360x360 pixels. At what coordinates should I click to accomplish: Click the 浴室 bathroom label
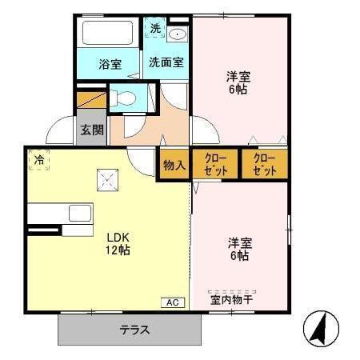[x=110, y=63]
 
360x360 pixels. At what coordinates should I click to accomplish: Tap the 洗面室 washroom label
[x=166, y=61]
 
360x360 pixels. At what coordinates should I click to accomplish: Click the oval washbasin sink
[x=178, y=34]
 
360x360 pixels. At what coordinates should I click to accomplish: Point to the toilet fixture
[x=126, y=99]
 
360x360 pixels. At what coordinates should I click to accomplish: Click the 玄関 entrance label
[x=91, y=129]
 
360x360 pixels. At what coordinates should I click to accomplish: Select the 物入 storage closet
[x=174, y=166]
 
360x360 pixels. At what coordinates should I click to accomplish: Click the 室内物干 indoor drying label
[x=231, y=301]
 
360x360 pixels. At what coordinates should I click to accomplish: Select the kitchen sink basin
[x=79, y=213]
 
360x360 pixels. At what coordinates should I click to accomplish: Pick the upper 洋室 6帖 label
[x=238, y=82]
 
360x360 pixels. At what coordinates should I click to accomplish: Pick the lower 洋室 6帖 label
[x=238, y=249]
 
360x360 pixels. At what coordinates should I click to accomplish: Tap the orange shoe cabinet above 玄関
[x=92, y=102]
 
